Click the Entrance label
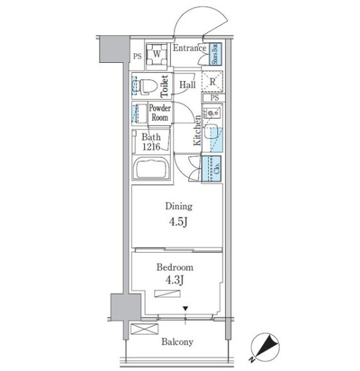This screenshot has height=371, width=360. (x=190, y=48)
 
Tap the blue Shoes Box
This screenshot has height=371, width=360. (x=215, y=54)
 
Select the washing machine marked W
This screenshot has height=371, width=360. (x=156, y=54)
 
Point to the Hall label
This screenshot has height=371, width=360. (x=187, y=85)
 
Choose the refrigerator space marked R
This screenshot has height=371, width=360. (x=212, y=81)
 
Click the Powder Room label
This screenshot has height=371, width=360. (x=160, y=113)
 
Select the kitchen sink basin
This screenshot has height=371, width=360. (x=210, y=132)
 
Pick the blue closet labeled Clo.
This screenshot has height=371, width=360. (x=212, y=169)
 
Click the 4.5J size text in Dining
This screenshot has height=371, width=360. (x=178, y=222)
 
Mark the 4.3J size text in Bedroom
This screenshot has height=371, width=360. (x=175, y=280)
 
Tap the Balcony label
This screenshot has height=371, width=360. (x=177, y=342)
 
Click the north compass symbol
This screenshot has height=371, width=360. (x=265, y=348)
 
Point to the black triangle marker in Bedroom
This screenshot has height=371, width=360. (x=185, y=309)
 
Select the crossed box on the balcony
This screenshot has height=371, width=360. (x=145, y=329)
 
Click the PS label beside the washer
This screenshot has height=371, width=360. (x=138, y=57)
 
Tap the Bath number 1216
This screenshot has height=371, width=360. (x=151, y=147)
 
